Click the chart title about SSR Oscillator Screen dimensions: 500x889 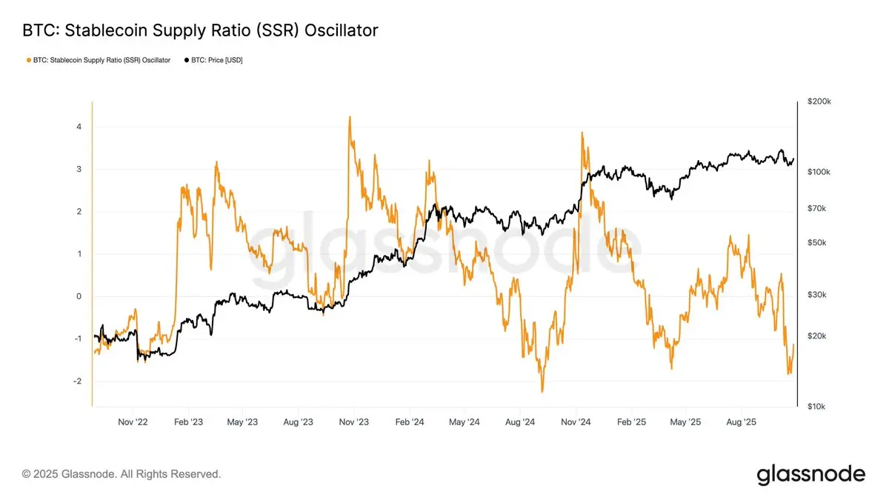201,30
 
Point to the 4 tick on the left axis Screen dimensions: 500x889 79,127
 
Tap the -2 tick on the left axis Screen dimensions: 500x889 76,381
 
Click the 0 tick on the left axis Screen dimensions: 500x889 79,296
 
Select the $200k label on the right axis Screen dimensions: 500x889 819,101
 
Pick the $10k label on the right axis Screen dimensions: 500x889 817,407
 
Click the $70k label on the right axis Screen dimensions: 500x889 817,209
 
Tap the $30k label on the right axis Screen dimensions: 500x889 817,295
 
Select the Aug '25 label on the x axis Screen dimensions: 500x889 740,422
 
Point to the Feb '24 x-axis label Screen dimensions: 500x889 409,422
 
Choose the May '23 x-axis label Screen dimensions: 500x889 243,422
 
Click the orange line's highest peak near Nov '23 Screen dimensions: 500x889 349,116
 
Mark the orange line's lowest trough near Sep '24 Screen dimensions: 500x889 542,391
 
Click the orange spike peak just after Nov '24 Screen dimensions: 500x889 582,133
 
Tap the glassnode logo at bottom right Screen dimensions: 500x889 810,474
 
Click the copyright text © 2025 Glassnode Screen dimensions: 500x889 121,474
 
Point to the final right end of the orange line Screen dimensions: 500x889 793,344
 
